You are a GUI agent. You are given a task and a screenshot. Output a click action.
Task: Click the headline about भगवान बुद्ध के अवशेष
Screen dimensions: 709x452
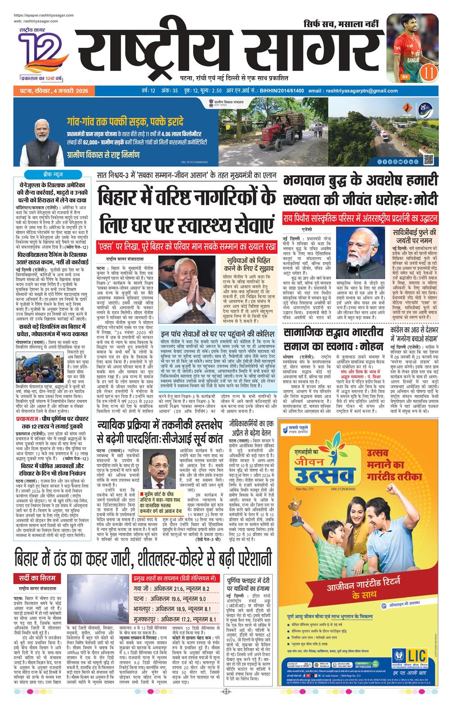[x=360, y=189]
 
